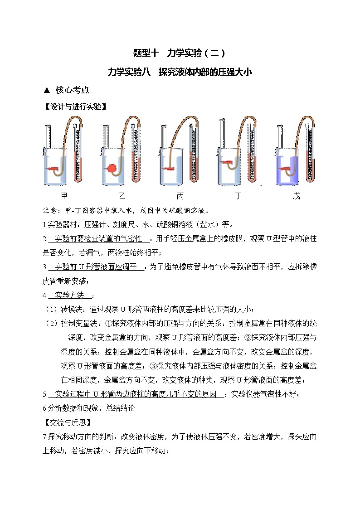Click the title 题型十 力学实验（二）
(180, 53)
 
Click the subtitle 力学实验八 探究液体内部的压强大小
(180, 72)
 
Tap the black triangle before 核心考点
(46, 90)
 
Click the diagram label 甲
(64, 196)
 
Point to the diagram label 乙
(122, 196)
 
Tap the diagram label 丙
(180, 196)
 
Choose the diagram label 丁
(238, 196)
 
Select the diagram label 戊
(297, 196)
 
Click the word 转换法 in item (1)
(72, 309)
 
